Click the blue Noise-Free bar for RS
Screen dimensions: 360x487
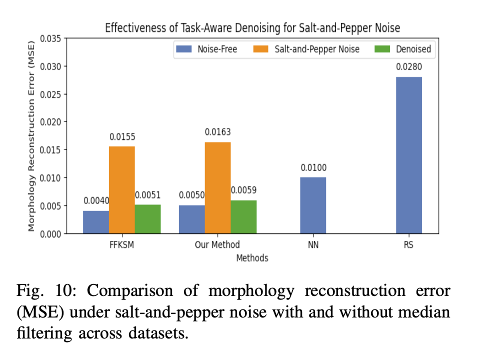pyautogui.click(x=408, y=155)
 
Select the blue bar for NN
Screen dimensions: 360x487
pyautogui.click(x=313, y=205)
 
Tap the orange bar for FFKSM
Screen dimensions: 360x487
pyautogui.click(x=121, y=189)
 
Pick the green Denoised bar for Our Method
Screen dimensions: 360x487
pyautogui.click(x=243, y=216)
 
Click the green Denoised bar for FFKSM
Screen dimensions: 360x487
pyautogui.click(x=147, y=218)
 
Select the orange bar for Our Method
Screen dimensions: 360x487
pyautogui.click(x=217, y=187)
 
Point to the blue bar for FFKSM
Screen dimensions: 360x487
pyautogui.click(x=95, y=221)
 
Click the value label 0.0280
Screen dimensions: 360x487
pyautogui.click(x=408, y=66)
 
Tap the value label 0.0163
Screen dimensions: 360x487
pyautogui.click(x=217, y=132)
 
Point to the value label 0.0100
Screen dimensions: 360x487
pyautogui.click(x=313, y=167)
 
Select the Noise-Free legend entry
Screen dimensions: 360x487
pyautogui.click(x=207, y=49)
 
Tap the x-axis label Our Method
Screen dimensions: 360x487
pyautogui.click(x=217, y=245)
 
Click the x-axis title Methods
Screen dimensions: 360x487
pyautogui.click(x=252, y=258)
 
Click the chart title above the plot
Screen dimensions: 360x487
pyautogui.click(x=252, y=27)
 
